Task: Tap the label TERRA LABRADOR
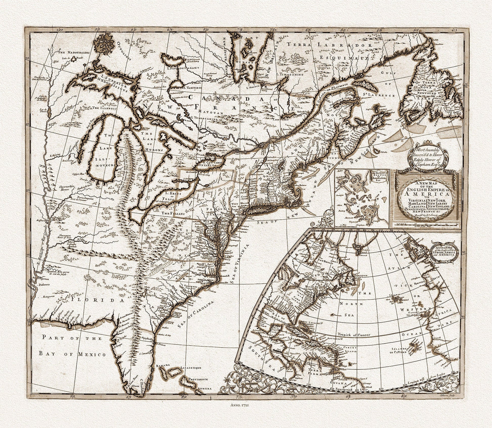coord(330,45)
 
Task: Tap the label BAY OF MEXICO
coord(72,354)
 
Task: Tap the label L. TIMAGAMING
coord(289,75)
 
